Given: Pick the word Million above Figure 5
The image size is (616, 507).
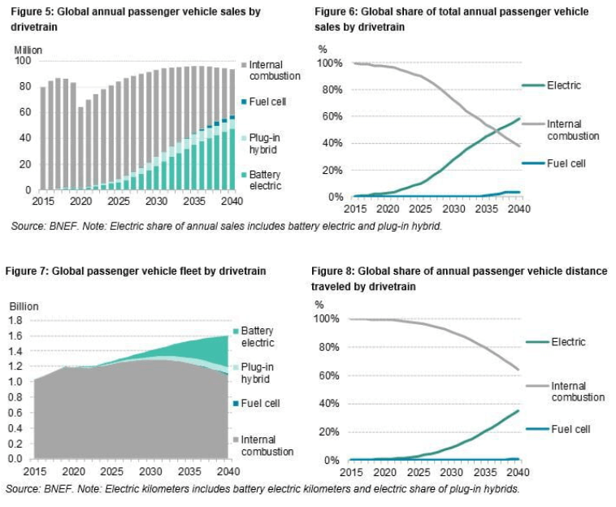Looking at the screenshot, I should coord(28,50).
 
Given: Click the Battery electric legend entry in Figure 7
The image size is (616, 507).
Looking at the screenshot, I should coord(256,336).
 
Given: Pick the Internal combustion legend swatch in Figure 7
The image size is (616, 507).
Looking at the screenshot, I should coord(236,440).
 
